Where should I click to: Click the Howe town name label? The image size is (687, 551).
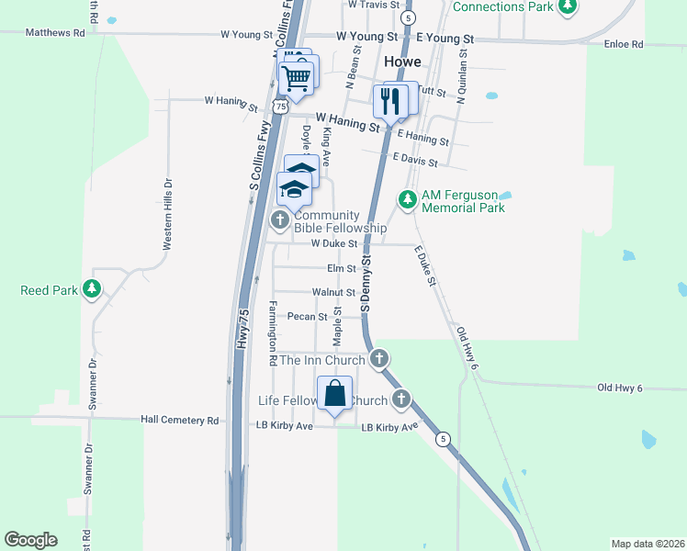point(403,62)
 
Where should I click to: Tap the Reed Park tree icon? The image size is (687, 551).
point(91,290)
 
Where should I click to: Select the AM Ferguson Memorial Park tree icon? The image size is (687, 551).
point(406,198)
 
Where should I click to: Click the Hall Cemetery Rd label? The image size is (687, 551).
point(180,420)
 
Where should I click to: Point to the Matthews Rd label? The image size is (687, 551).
point(55,32)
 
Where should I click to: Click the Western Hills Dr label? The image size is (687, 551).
point(167,214)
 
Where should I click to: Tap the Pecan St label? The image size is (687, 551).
point(308,317)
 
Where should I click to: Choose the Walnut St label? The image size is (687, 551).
point(333,292)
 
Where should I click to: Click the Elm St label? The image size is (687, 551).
point(341,268)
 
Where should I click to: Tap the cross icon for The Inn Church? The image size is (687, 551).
point(378,359)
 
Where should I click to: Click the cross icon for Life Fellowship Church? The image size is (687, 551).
point(400,399)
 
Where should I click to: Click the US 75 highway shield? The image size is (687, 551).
point(280,107)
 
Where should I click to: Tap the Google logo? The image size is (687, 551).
point(30,540)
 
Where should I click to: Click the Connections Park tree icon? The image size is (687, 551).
point(569,7)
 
